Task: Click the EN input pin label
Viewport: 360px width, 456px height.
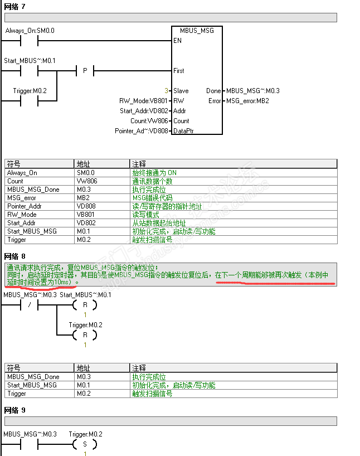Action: pyautogui.click(x=177, y=41)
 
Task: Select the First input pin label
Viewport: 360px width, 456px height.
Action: pyautogui.click(x=179, y=71)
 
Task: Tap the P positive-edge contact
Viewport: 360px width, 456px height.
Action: pyautogui.click(x=85, y=71)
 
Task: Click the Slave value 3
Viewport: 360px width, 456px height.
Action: pyautogui.click(x=166, y=91)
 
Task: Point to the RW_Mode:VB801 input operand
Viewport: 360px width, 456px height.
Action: pyautogui.click(x=143, y=101)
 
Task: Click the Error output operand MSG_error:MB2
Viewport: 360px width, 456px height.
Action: pyautogui.click(x=247, y=101)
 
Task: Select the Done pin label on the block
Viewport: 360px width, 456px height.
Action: pyautogui.click(x=213, y=91)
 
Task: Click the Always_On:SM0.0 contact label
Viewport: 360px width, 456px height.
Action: pyautogui.click(x=30, y=30)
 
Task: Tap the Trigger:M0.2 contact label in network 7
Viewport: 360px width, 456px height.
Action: pyautogui.click(x=30, y=90)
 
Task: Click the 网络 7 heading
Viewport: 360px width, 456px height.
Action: pyautogui.click(x=14, y=6)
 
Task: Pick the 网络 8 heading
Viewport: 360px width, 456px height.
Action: pyautogui.click(x=14, y=256)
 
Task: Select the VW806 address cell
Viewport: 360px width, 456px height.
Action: pyautogui.click(x=86, y=181)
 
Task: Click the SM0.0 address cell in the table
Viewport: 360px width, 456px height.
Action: pyautogui.click(x=86, y=173)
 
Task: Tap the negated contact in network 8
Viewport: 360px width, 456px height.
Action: pyautogui.click(x=28, y=305)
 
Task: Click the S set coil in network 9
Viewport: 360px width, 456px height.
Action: pyautogui.click(x=85, y=444)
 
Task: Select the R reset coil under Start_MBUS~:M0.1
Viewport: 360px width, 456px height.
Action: pyautogui.click(x=85, y=305)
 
